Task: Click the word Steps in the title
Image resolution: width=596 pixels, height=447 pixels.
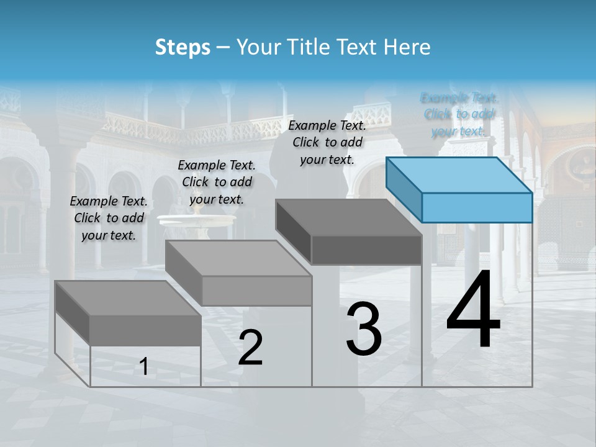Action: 183,47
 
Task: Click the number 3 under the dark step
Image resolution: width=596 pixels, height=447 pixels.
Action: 364,329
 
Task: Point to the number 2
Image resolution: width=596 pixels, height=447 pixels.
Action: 250,348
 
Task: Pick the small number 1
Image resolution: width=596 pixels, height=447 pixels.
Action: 144,367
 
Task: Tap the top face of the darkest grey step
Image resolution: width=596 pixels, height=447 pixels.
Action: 348,217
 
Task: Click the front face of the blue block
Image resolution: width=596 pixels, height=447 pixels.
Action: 477,207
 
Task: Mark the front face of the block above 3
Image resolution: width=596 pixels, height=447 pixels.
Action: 366,250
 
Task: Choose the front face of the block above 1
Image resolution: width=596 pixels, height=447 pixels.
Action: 145,330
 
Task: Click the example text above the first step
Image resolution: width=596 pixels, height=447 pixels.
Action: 109,218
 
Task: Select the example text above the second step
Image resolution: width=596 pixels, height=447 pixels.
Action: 217,182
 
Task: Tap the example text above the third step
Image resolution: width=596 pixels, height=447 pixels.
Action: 327,142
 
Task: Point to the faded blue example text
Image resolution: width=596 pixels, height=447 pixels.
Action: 459,114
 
